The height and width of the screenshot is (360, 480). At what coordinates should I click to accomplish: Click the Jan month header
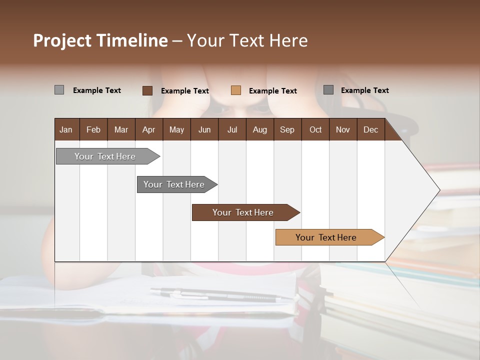tap(66, 129)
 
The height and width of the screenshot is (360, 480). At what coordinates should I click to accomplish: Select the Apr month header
tap(148, 129)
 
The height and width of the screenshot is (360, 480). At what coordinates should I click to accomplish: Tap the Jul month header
tap(232, 129)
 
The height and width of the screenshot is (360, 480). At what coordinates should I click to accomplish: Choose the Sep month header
tap(287, 129)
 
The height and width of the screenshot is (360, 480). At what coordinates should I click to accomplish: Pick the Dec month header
tap(370, 129)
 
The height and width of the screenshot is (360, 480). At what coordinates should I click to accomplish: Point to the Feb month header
tap(93, 129)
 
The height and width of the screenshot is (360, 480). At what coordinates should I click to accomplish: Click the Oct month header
tap(315, 129)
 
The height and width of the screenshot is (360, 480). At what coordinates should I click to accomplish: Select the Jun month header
tap(204, 129)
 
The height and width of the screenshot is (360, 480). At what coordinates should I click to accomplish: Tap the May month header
tap(176, 129)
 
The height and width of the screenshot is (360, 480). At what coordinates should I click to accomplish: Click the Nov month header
tap(343, 129)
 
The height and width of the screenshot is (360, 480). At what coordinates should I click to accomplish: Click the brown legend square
tap(147, 90)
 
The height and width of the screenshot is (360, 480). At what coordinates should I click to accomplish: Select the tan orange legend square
tap(236, 90)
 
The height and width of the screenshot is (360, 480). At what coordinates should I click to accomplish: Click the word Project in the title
tap(62, 40)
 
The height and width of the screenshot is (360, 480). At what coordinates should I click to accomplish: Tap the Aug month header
tap(260, 129)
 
